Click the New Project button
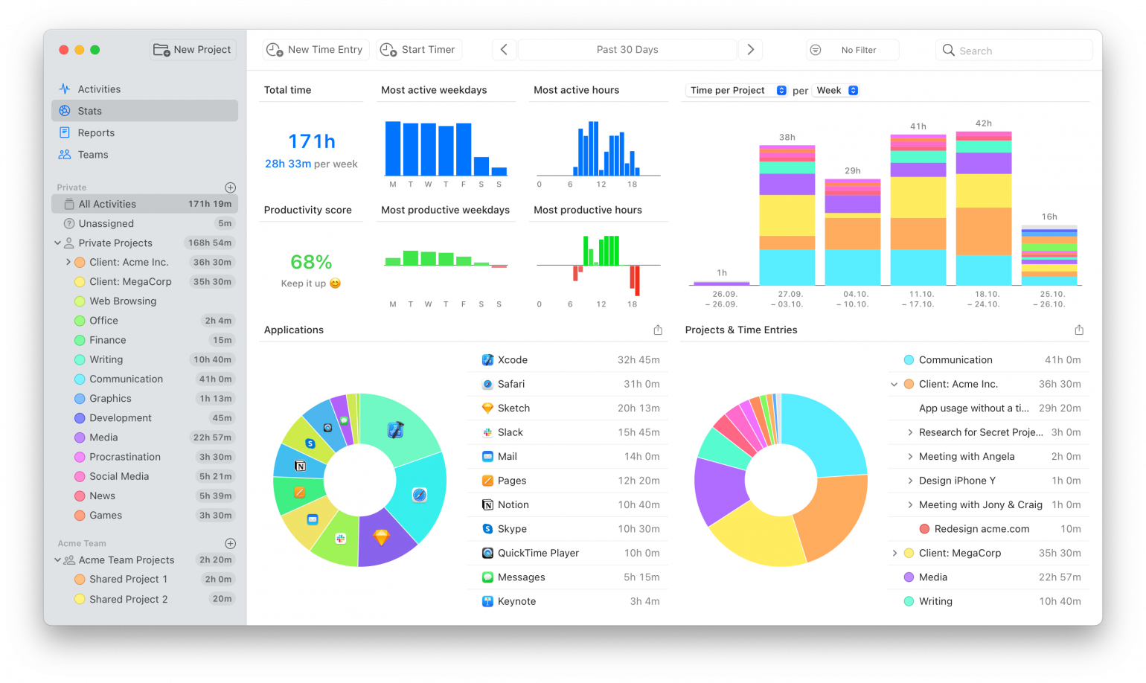pyautogui.click(x=193, y=50)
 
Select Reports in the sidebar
pyautogui.click(x=96, y=133)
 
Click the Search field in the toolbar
pyautogui.click(x=1014, y=51)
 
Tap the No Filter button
pyautogui.click(x=853, y=50)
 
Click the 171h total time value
pyautogui.click(x=311, y=141)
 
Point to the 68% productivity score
pyautogui.click(x=311, y=262)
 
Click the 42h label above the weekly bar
pyautogui.click(x=983, y=124)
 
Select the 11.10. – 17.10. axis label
pyautogui.click(x=921, y=299)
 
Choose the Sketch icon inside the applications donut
pyautogui.click(x=381, y=536)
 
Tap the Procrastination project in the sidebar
pyautogui.click(x=125, y=457)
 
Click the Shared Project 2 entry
pyautogui.click(x=128, y=599)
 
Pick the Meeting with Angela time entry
pyautogui.click(x=966, y=457)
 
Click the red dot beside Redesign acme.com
pyautogui.click(x=924, y=529)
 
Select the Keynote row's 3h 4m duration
pyautogui.click(x=644, y=602)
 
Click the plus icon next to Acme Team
pyautogui.click(x=230, y=544)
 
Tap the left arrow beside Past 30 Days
pyautogui.click(x=504, y=50)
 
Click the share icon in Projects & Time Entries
pyautogui.click(x=1078, y=330)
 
